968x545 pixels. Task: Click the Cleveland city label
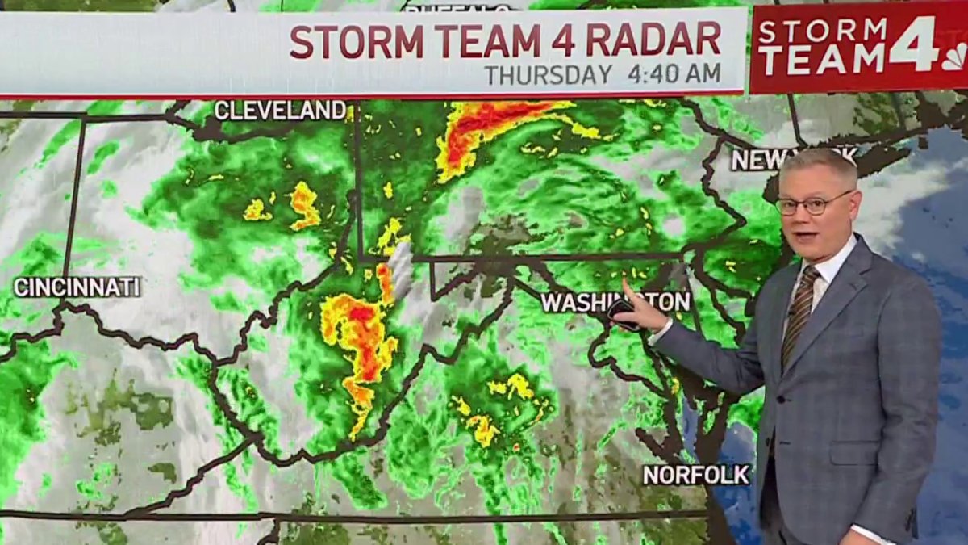[x=280, y=111]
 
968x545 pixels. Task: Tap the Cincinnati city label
[x=77, y=287]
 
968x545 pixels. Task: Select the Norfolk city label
[x=696, y=474]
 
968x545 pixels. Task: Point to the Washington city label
[x=615, y=302]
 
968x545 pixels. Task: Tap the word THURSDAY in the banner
[x=549, y=74]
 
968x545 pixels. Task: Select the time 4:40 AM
[x=674, y=74]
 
